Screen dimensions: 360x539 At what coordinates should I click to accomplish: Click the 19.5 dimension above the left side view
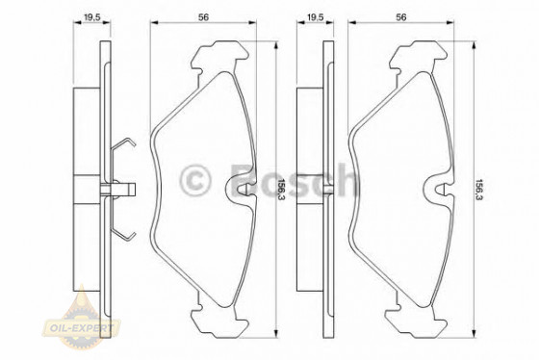(x=92, y=16)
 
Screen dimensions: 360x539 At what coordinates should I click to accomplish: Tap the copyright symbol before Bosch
(x=197, y=179)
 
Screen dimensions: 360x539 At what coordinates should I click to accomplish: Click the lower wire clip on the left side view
(x=123, y=227)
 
